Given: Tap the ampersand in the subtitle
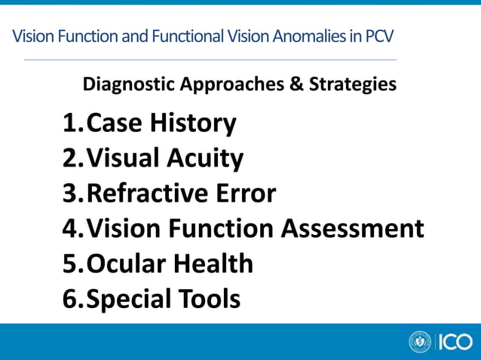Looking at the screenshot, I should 297,84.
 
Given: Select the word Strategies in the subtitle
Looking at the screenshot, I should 352,84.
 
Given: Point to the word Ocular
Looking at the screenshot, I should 125,264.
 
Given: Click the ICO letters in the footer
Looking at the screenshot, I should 454,342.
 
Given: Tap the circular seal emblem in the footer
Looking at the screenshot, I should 419,342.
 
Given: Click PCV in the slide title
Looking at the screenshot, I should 379,35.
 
